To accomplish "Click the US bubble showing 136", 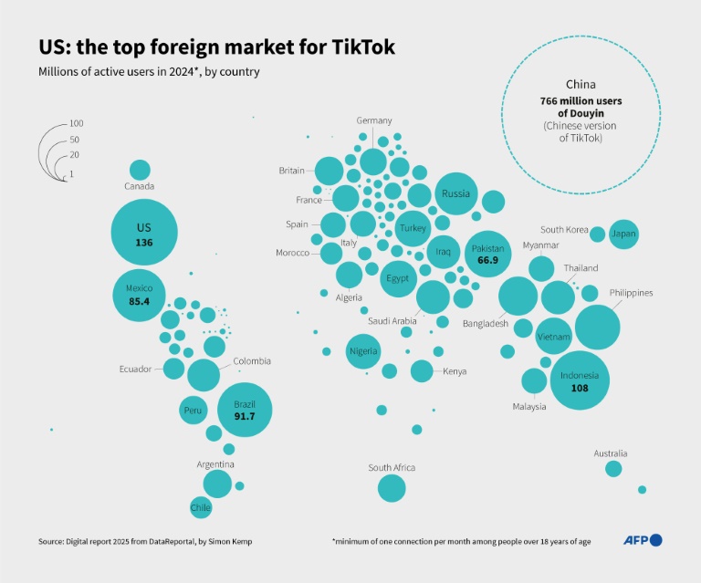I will point(144,234).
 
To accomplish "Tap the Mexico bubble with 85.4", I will point(140,294).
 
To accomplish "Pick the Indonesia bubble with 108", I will point(580,381).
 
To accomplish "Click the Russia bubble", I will point(455,194).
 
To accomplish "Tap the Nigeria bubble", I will point(363,351).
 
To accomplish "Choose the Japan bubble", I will point(624,234).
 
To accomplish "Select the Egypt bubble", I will point(397,278).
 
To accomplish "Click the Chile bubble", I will point(201,506).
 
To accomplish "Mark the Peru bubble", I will point(193,411).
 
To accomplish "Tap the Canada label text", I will point(140,186).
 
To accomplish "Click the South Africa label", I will point(392,468).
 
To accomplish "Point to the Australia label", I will point(610,453).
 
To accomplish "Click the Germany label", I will point(374,120).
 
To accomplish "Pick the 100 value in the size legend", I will point(77,123).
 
